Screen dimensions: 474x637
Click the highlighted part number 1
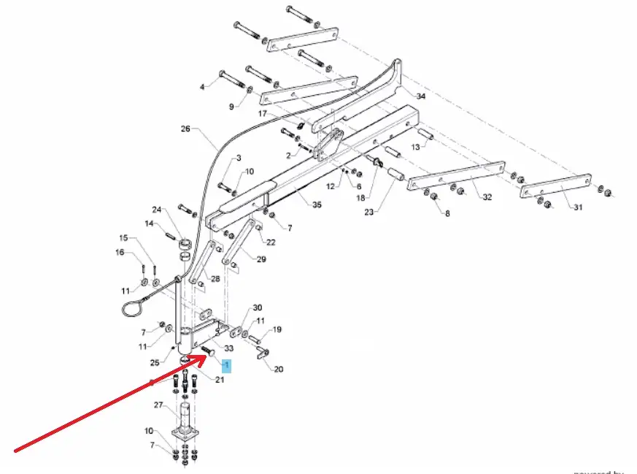(226, 365)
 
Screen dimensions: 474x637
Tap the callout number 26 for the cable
(185, 130)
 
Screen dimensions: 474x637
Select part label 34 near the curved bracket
(421, 96)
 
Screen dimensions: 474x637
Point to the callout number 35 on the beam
(317, 205)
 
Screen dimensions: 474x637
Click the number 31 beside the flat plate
(577, 207)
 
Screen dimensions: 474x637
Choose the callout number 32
(487, 196)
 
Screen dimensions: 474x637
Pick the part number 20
(279, 369)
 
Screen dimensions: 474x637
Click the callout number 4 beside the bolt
(203, 87)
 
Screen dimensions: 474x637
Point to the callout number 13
(416, 148)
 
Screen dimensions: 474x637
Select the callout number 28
(215, 279)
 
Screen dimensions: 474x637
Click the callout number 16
(120, 253)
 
